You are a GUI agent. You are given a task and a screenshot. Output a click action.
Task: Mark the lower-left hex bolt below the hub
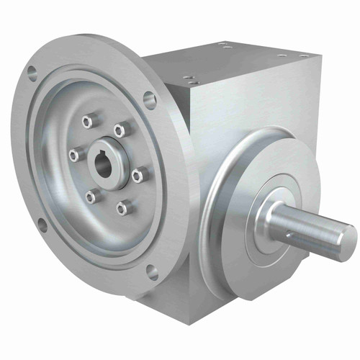[x=91, y=195]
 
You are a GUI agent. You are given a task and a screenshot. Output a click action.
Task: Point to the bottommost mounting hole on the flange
[x=153, y=273]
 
